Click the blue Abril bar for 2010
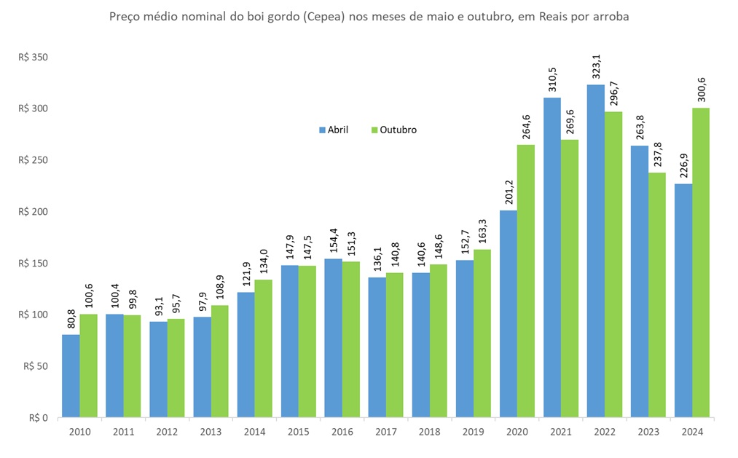click(71, 376)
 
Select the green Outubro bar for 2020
click(526, 281)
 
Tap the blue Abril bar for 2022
click(596, 251)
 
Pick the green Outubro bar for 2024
click(701, 263)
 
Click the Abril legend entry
click(333, 130)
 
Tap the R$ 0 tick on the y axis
click(38, 418)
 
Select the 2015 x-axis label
click(298, 433)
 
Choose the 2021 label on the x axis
click(561, 433)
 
